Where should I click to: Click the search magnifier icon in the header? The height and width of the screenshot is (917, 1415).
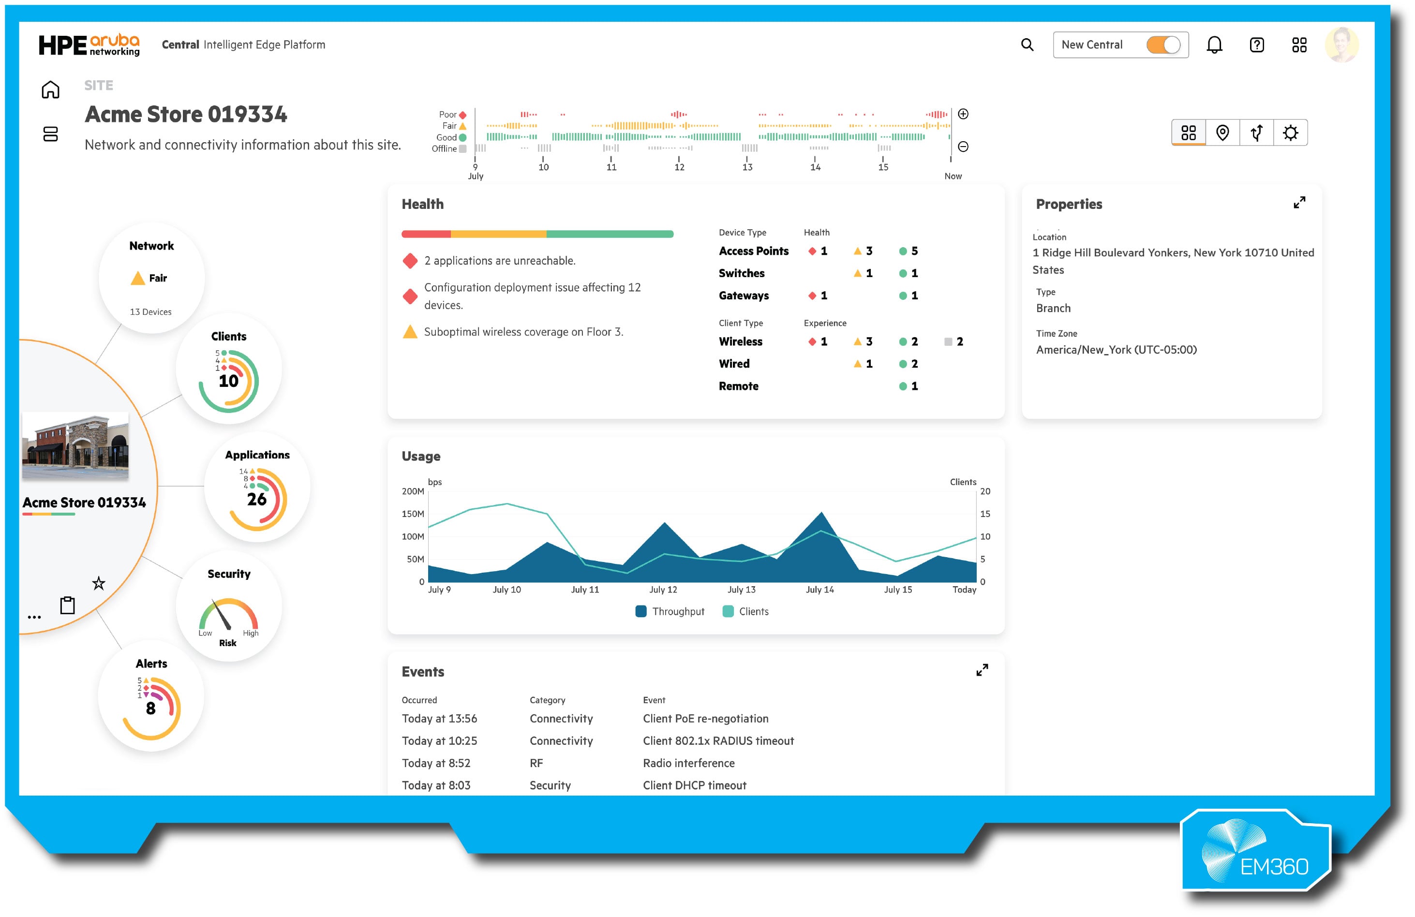pyautogui.click(x=1027, y=44)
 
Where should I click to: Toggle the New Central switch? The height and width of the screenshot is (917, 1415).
pyautogui.click(x=1163, y=45)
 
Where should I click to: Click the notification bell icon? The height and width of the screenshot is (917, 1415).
pyautogui.click(x=1214, y=45)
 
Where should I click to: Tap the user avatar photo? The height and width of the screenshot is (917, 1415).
pyautogui.click(x=1341, y=44)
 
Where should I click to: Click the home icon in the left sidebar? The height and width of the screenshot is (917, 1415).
pyautogui.click(x=50, y=90)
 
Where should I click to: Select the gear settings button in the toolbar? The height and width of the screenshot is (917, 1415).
pyautogui.click(x=1290, y=133)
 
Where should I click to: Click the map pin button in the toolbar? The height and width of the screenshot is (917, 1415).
pyautogui.click(x=1222, y=133)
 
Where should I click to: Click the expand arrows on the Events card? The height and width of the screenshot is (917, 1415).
pyautogui.click(x=982, y=670)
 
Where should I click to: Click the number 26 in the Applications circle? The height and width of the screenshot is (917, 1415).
pyautogui.click(x=257, y=499)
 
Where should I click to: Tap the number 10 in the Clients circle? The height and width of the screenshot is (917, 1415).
pyautogui.click(x=228, y=381)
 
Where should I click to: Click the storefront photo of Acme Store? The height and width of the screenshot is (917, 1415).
pyautogui.click(x=75, y=446)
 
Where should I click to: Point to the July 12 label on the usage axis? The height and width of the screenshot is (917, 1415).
pyautogui.click(x=663, y=590)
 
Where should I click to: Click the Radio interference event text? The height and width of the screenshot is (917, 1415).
pyautogui.click(x=688, y=763)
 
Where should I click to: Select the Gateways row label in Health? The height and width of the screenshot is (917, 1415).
pyautogui.click(x=743, y=296)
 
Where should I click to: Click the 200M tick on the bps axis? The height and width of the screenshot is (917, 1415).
pyautogui.click(x=413, y=491)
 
